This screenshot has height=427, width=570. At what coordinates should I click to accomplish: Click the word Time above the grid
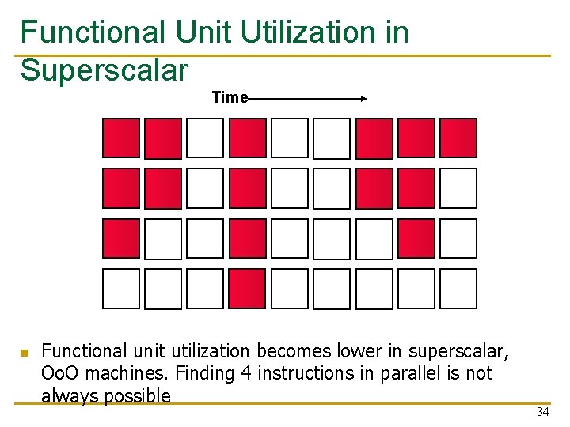coord(230,97)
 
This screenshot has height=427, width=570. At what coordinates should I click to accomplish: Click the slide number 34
coord(542,411)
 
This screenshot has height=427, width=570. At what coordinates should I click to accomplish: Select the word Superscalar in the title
coord(104,70)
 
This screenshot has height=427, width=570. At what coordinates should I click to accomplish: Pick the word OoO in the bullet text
coord(57,372)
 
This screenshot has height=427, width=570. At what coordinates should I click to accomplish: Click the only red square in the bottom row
coord(247,289)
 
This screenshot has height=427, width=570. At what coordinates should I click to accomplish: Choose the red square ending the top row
coord(458,138)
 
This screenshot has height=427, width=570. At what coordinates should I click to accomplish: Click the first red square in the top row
coord(121,138)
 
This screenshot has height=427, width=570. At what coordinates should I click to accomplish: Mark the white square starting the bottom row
coord(121,289)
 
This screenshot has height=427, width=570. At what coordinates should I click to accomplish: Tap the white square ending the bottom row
coord(458,289)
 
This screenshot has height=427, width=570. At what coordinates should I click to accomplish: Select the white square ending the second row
coord(458,188)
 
